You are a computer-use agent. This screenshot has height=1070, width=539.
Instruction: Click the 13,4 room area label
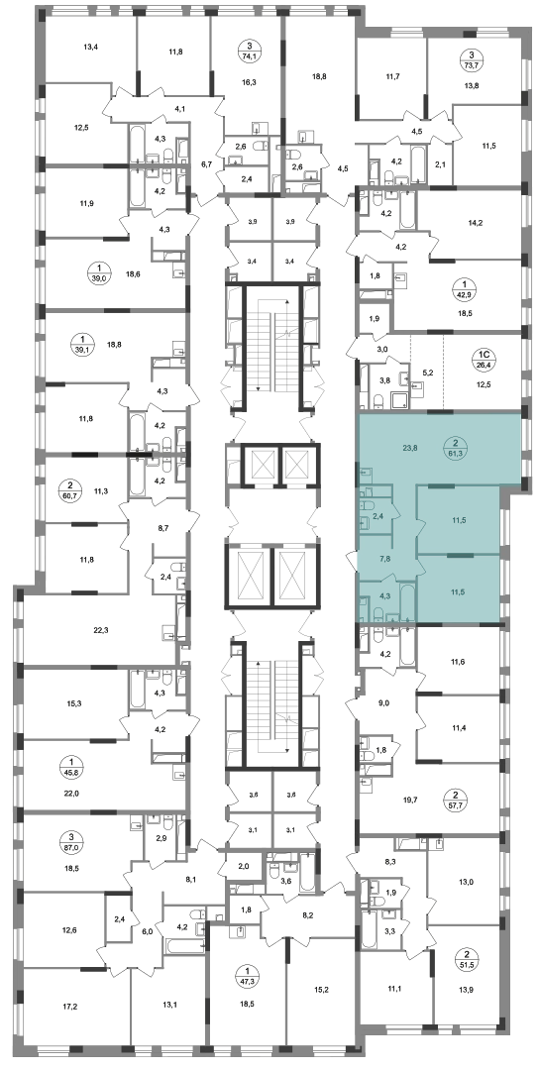pyautogui.click(x=91, y=48)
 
